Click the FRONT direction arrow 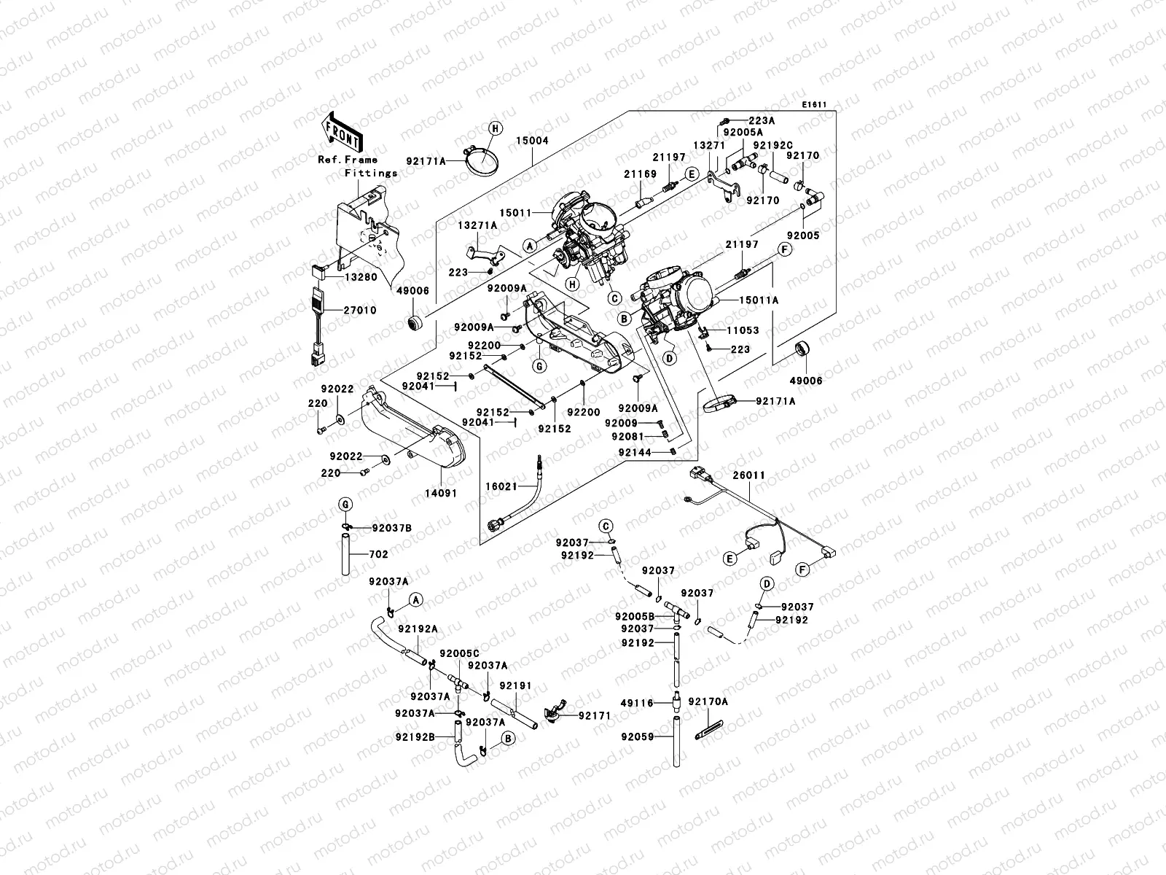(341, 132)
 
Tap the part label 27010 (361, 311)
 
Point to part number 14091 (442, 493)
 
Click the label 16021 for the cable (501, 486)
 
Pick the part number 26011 (750, 475)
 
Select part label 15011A (760, 300)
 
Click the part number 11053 (743, 330)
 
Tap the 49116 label (636, 703)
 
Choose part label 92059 (636, 736)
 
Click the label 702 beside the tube (378, 555)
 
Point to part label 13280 (361, 277)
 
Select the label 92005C (459, 653)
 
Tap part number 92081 (627, 436)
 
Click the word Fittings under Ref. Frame (371, 174)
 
